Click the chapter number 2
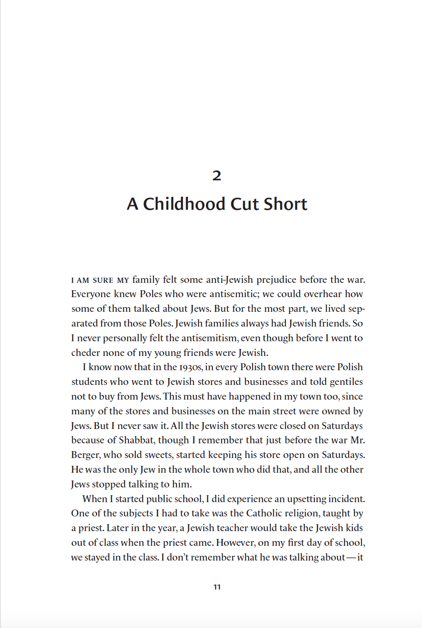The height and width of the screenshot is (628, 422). click(217, 176)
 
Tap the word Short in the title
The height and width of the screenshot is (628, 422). click(285, 204)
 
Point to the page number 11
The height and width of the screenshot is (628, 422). click(217, 587)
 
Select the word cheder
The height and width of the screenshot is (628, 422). click(85, 353)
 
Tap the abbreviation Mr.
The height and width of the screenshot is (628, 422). click(358, 440)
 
